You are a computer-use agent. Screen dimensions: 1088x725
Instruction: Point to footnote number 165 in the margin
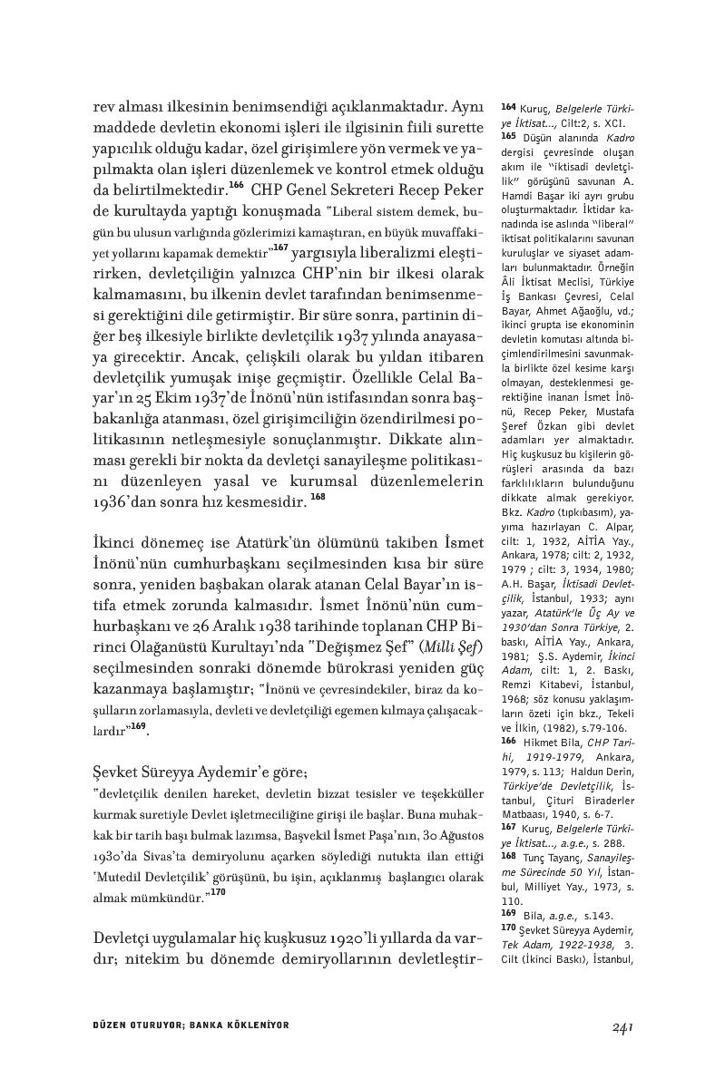tap(509, 136)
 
